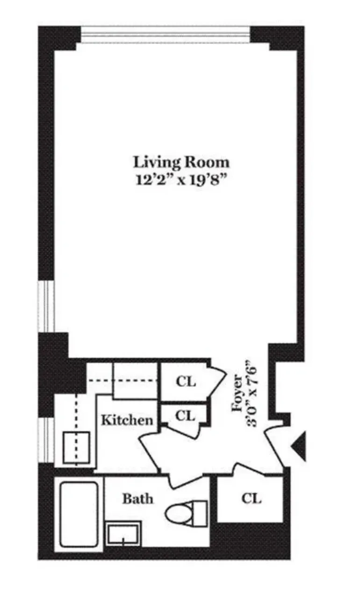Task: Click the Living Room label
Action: pos(181,162)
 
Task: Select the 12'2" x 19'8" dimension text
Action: pos(181,180)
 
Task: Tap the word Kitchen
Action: pos(127,420)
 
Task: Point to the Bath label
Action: pos(137,499)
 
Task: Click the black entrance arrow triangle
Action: pos(299,446)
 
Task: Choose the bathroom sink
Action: pos(123,534)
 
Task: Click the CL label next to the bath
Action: pos(251,499)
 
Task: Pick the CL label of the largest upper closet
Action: pos(186,382)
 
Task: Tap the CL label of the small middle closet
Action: pos(186,415)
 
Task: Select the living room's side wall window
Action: pos(46,306)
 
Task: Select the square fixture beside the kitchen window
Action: pos(76,448)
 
